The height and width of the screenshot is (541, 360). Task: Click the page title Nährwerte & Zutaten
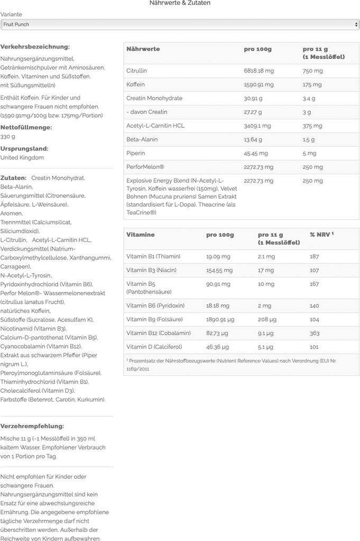(180, 3)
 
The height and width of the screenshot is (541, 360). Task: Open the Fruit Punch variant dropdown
(180, 24)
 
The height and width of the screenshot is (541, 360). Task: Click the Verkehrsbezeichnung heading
(35, 47)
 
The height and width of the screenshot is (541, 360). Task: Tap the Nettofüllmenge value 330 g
(8, 136)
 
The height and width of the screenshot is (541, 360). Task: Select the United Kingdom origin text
(22, 157)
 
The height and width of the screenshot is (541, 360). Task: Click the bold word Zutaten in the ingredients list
(14, 178)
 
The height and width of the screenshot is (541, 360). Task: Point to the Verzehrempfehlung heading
(32, 426)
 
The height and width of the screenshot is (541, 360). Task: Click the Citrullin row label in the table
(136, 71)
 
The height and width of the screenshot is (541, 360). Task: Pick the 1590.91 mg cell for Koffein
(259, 85)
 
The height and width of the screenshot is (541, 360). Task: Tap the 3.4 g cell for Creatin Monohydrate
(309, 98)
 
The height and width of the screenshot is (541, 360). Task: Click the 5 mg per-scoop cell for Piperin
(309, 153)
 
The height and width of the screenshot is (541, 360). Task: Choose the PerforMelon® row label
(145, 167)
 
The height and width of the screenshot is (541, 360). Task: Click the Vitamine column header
(141, 235)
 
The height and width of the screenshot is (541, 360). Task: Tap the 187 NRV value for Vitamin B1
(315, 257)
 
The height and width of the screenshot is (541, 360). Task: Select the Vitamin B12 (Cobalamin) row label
(158, 333)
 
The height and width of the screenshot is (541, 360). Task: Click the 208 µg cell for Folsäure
(267, 320)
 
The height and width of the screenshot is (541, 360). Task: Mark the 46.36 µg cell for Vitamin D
(217, 347)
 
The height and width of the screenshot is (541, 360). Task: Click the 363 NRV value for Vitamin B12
(315, 333)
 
